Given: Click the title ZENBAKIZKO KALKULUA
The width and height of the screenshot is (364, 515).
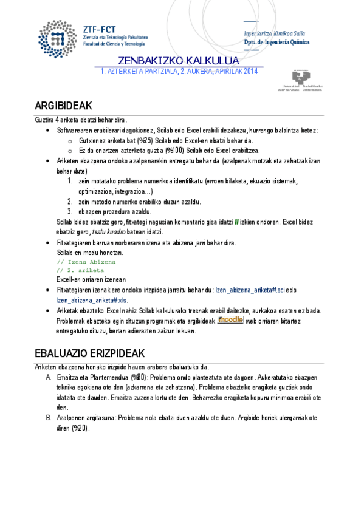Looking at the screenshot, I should pos(179,61).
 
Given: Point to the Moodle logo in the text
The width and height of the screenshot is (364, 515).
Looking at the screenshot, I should pos(231,319).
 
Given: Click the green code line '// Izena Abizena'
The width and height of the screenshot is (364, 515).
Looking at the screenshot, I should pos(86,262).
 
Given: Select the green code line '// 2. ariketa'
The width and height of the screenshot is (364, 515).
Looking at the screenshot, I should pos(80,270).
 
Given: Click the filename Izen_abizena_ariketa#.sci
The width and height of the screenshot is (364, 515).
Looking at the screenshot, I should pos(249,290).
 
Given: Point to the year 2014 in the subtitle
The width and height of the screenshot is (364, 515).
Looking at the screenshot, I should pos(250,72).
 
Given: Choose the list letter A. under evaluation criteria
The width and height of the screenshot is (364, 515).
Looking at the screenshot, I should pos(49,377).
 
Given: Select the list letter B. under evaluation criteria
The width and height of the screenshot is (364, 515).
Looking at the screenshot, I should pos(49,418).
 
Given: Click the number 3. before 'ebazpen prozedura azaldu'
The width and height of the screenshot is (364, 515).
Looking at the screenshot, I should pos(70,211).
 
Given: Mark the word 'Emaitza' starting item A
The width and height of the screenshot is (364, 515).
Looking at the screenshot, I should pos(67,377).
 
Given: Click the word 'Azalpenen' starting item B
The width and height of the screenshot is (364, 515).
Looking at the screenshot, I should pos(70,418).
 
